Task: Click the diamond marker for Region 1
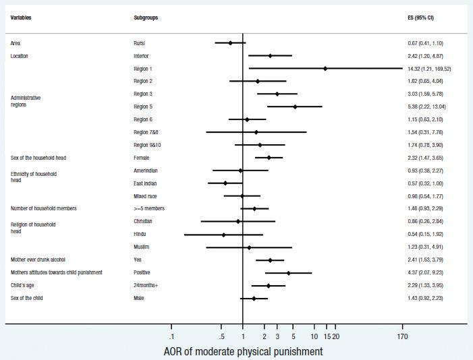(325, 68)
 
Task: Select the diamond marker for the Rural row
(230, 42)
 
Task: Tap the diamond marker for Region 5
(295, 107)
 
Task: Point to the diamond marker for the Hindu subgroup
(224, 235)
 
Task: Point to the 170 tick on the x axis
(402, 337)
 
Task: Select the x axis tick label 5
(293, 337)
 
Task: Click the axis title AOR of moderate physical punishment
(243, 351)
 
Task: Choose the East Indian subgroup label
(146, 183)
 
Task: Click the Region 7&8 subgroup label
(148, 132)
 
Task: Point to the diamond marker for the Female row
(269, 158)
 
